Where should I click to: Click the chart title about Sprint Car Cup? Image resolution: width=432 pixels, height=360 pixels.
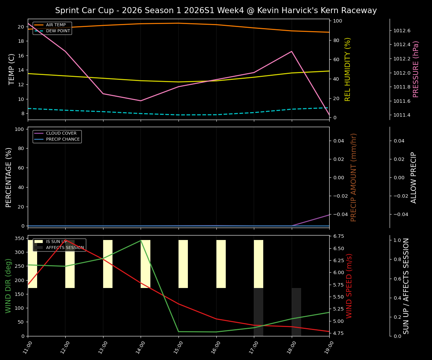tap(216, 10)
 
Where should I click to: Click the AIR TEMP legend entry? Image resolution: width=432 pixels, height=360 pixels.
tap(55, 25)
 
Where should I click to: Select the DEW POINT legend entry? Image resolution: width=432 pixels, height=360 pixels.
tap(58, 31)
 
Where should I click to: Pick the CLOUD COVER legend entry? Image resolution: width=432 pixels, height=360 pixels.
tap(61, 133)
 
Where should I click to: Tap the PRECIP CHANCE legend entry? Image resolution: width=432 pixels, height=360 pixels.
tap(63, 139)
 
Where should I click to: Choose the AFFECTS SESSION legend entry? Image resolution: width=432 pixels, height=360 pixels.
tap(65, 248)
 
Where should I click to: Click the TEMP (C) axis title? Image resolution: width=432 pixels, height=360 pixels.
tap(12, 69)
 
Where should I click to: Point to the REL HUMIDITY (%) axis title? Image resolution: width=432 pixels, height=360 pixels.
tap(348, 69)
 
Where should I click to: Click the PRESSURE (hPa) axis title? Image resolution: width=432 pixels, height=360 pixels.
tap(416, 69)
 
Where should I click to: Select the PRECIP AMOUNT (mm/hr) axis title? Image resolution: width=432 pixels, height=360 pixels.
tap(354, 177)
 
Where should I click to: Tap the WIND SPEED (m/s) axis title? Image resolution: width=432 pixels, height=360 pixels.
tap(349, 286)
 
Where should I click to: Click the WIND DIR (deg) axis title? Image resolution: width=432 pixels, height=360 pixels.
tap(8, 286)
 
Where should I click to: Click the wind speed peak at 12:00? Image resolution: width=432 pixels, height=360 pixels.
tap(66, 240)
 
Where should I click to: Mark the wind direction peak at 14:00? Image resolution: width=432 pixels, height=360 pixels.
tap(141, 240)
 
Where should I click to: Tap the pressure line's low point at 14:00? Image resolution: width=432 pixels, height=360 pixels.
tap(141, 100)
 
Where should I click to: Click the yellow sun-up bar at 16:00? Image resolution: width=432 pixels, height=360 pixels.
tap(221, 264)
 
